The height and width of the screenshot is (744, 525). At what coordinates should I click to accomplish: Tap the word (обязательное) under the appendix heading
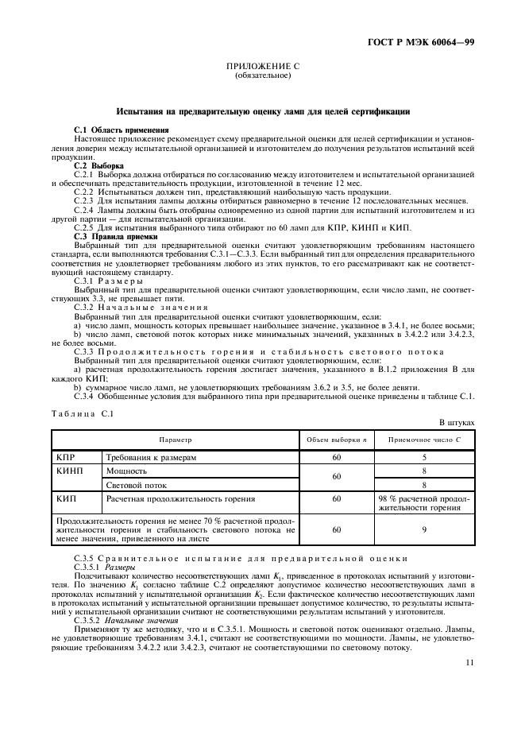click(x=263, y=76)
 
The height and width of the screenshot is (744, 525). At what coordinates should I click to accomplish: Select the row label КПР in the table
click(x=67, y=458)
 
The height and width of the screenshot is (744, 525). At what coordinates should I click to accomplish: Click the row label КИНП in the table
click(x=71, y=471)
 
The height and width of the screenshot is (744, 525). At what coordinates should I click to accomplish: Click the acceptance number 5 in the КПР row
click(x=424, y=458)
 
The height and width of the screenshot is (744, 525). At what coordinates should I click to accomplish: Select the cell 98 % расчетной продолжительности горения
click(x=424, y=502)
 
